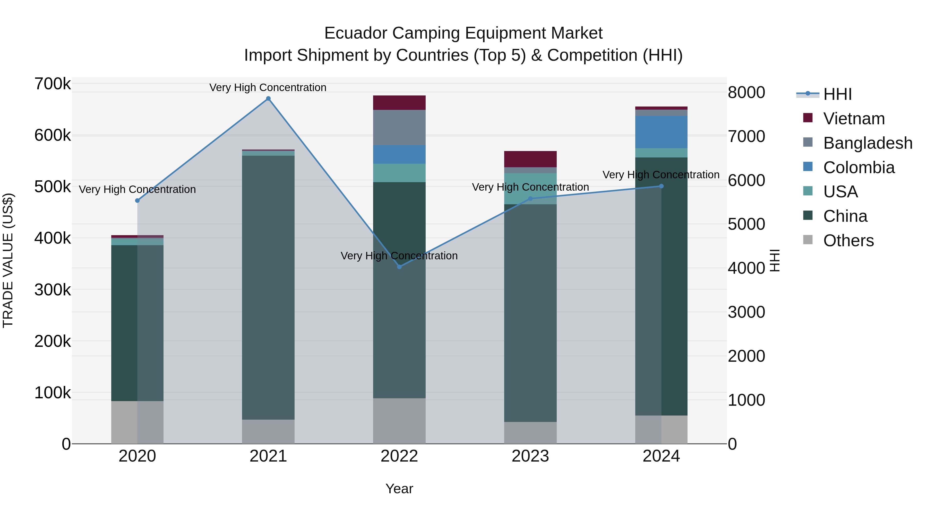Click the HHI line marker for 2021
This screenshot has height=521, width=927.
coord(268,99)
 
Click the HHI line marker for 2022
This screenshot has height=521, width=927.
coord(399,267)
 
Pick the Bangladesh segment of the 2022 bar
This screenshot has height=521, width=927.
coord(399,128)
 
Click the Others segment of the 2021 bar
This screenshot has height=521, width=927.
coord(268,431)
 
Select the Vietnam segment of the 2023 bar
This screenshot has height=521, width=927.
coord(530,159)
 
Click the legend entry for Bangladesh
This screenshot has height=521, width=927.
coord(867,143)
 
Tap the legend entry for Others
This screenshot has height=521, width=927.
coord(848,241)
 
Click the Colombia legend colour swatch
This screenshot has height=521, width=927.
coord(808,167)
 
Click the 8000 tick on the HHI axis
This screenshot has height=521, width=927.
coord(746,92)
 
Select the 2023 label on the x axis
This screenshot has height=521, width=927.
coord(530,456)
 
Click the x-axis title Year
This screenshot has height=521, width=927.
coord(399,489)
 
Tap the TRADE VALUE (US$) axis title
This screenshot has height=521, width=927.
coord(8,260)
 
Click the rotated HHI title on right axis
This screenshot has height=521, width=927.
coord(774,260)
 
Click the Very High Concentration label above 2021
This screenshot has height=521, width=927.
coord(268,87)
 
